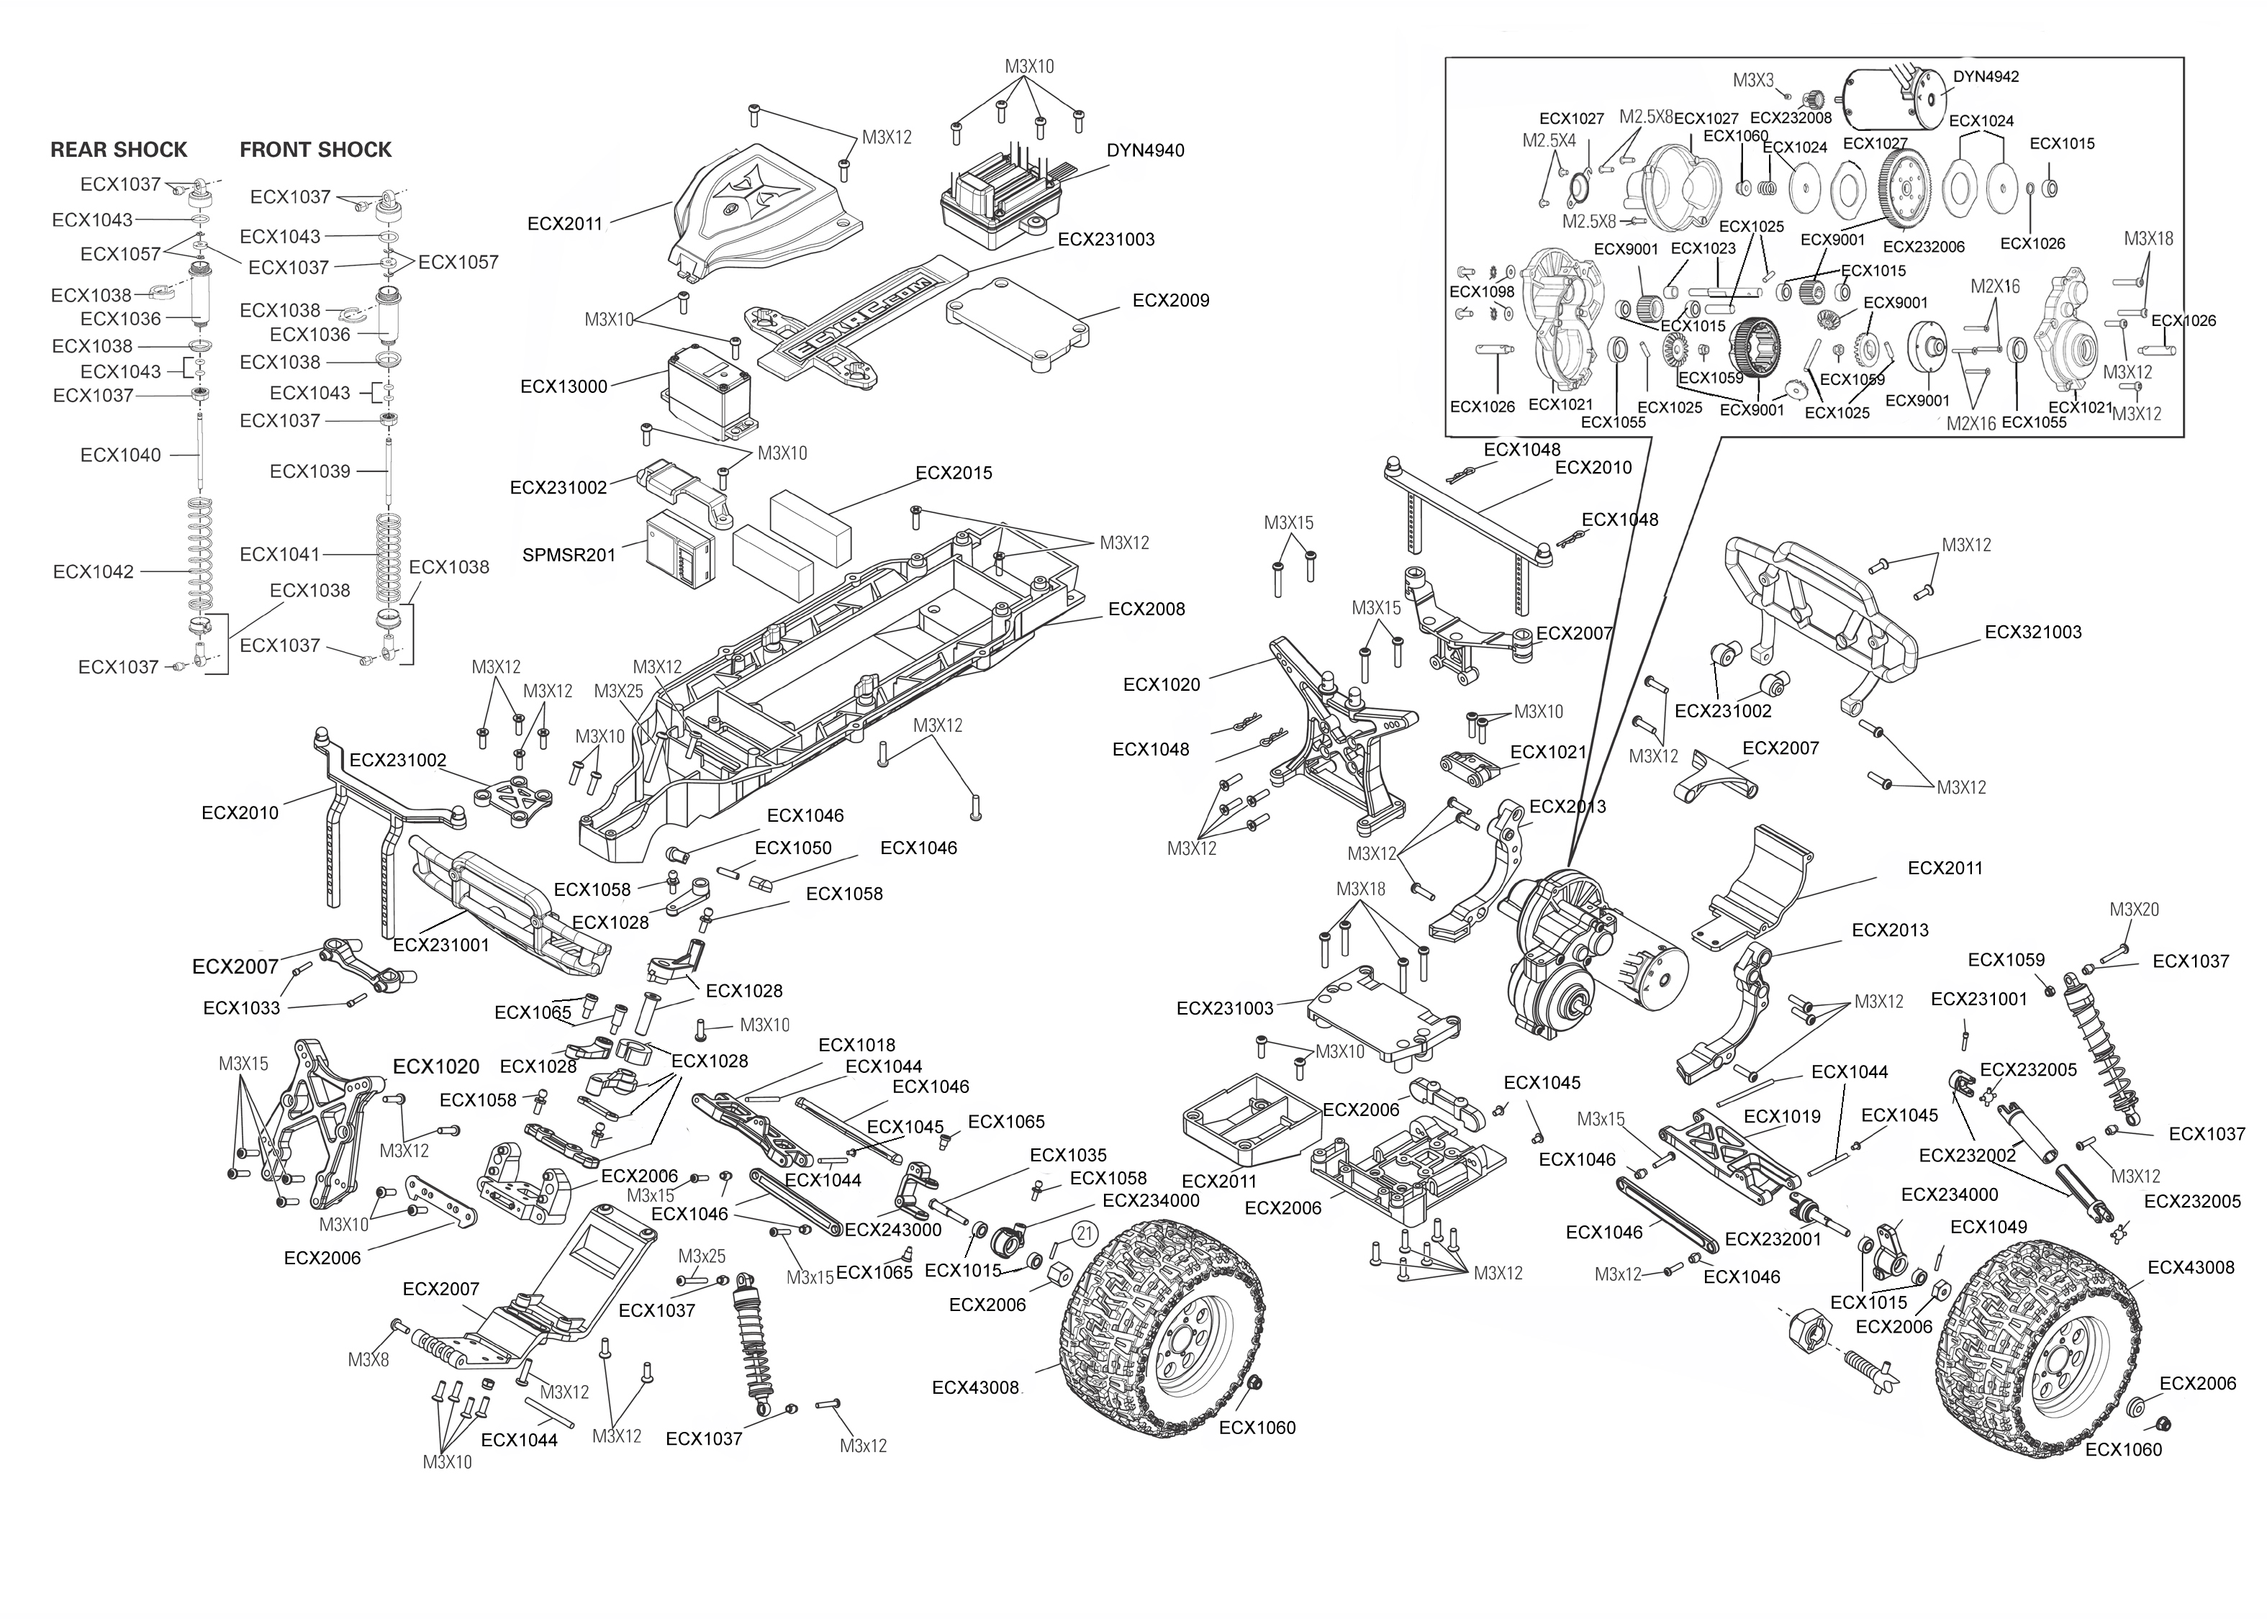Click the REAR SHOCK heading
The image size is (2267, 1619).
coord(119,150)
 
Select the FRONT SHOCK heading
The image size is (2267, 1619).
coord(315,150)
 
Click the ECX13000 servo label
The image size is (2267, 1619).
coord(564,387)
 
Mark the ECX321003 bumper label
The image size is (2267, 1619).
coord(2032,632)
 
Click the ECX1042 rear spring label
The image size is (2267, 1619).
coord(93,572)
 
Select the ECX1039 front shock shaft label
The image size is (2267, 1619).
coord(310,471)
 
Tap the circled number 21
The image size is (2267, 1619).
coord(1085,1233)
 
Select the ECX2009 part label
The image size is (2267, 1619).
coord(1170,301)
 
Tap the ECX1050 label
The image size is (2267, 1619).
coord(792,848)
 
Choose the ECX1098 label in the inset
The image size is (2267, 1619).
coord(1481,292)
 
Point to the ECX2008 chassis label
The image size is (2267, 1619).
coord(1146,609)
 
